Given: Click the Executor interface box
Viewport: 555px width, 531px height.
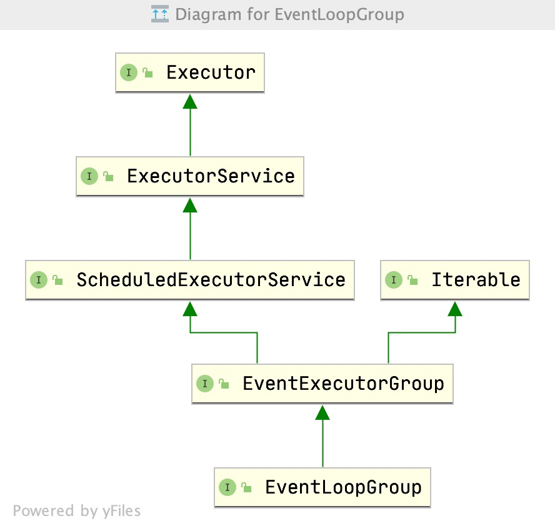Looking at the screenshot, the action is point(190,73).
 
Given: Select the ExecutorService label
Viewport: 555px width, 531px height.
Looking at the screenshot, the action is point(211,176).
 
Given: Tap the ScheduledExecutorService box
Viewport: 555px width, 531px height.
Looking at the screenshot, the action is point(190,280).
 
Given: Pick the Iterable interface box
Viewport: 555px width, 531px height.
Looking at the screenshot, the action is point(455,280).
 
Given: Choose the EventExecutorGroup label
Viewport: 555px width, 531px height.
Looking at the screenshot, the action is point(343,384).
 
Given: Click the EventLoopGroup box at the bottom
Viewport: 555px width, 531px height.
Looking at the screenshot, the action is point(322,487).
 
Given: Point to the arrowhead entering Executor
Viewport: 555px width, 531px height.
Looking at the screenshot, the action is point(190,102).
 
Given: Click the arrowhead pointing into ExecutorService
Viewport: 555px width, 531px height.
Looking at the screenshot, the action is point(190,205).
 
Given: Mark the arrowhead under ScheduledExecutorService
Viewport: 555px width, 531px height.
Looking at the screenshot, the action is point(190,309).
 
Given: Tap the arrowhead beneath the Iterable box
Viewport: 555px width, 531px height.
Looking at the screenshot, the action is point(455,309).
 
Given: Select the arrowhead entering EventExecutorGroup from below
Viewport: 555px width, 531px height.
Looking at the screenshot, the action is point(322,412).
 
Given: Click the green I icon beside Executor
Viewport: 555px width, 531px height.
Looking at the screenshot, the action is point(129,72).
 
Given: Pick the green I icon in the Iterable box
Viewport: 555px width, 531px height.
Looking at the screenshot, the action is point(394,280).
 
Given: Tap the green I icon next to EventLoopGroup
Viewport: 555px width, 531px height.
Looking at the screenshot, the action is point(227,487).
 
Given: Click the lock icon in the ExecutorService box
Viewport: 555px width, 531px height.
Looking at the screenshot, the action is point(108,176).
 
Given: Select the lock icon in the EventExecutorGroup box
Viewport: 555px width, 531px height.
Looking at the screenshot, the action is point(224,384).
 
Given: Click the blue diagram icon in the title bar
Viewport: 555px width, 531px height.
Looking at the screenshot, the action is point(160,14).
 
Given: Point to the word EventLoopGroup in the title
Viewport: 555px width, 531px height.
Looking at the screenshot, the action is point(339,15).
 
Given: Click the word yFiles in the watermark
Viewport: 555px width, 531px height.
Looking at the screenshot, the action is point(121,511).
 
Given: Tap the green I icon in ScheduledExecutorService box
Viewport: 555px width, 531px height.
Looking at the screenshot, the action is point(39,280).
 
